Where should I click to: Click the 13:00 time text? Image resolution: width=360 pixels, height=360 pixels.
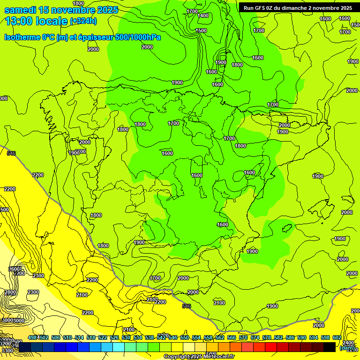point(19,21)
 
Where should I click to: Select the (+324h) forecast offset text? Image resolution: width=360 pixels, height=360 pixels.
point(83,21)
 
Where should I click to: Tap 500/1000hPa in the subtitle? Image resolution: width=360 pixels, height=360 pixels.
point(138,37)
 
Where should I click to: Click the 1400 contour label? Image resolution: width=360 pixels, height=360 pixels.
point(203,15)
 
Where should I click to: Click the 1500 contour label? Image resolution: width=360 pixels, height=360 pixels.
point(201,30)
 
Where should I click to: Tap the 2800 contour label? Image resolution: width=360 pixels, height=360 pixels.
point(10,292)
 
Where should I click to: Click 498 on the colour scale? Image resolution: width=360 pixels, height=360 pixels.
point(32,337)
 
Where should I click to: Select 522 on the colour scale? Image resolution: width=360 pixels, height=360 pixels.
point(102,337)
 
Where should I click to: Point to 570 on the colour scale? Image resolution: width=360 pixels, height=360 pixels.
point(243,337)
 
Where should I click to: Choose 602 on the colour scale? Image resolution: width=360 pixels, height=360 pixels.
point(337,337)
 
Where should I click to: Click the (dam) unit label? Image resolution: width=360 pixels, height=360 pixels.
point(347,348)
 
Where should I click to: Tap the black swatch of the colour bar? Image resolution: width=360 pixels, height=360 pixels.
point(330,347)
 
